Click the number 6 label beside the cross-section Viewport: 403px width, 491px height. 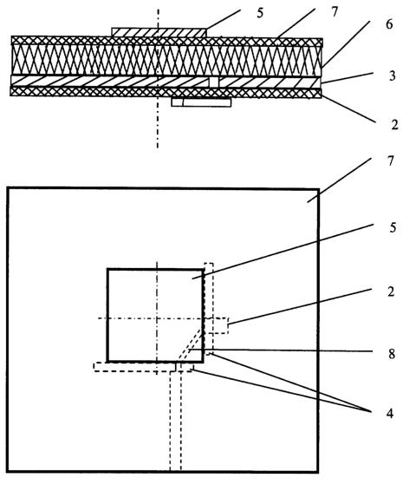click(389, 24)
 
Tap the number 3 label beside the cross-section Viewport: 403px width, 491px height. click(392, 75)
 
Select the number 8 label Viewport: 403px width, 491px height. click(392, 354)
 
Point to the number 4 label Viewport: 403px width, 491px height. click(389, 413)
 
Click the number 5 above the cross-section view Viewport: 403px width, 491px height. click(260, 13)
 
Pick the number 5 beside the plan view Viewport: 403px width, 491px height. click(393, 227)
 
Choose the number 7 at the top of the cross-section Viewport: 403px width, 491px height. click(335, 12)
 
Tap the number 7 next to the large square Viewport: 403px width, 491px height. click(390, 161)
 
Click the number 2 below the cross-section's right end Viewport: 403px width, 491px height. click(394, 125)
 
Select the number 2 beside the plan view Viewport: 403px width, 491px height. click(391, 291)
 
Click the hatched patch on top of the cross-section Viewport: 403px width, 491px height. click(159, 32)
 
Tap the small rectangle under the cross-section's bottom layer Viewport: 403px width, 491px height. click(201, 102)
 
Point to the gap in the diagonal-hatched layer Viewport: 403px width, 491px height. click(214, 82)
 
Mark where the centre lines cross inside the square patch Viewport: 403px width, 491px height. click(157, 318)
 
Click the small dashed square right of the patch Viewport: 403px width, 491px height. click(221, 325)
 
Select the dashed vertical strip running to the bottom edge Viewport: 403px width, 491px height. click(176, 421)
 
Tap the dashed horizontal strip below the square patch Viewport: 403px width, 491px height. click(144, 367)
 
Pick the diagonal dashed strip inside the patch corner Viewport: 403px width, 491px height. click(190, 344)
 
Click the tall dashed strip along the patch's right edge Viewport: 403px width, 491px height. click(209, 309)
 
